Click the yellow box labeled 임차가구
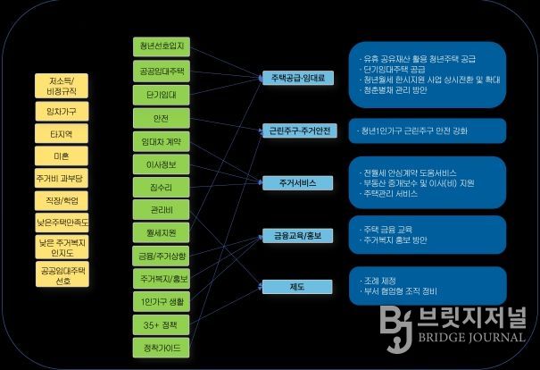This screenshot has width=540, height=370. coord(61,111)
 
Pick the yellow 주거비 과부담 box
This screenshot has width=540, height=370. coord(61,179)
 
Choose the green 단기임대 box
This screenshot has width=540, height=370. coord(156,94)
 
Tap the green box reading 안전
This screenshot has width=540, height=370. coord(156,118)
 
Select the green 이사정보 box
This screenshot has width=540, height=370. coord(156,164)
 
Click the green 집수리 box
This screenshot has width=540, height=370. coord(156,188)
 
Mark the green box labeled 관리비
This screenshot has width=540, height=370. coord(156,211)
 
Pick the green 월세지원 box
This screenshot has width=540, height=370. coord(156,234)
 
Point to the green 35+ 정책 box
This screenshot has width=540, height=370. coord(156,325)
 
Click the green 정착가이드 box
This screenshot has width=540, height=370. coord(156,348)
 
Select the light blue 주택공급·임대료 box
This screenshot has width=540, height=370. coord(297,78)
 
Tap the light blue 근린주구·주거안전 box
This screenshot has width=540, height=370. coord(297,130)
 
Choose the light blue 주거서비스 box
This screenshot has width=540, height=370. coord(297,183)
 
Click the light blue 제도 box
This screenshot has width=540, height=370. coord(297,287)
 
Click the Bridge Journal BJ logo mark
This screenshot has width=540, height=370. coord(395,325)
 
